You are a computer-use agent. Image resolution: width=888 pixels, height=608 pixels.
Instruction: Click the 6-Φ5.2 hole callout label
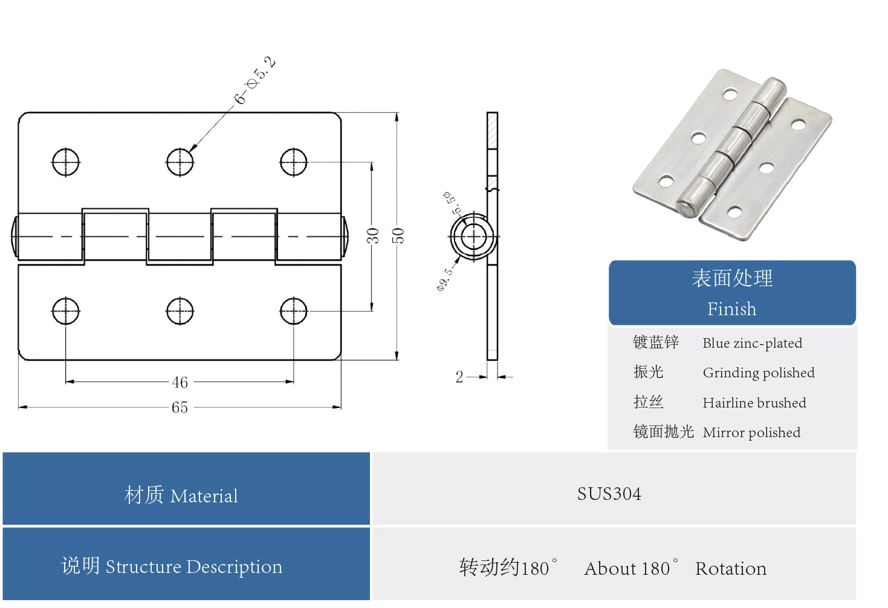pos(254,81)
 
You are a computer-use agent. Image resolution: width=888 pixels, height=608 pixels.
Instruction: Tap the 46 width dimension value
pos(180,382)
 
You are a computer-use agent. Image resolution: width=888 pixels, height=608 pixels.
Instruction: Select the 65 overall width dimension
pos(180,408)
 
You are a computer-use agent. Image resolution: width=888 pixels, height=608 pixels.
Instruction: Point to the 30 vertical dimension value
pos(373,235)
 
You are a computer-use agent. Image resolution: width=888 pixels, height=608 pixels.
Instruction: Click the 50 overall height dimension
pos(398,235)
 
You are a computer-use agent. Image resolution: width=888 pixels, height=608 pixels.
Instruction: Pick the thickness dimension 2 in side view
pos(459,377)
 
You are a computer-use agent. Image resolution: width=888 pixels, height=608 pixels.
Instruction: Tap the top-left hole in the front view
pos(65,162)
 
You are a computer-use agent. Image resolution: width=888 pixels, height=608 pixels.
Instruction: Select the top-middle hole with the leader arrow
pos(180,162)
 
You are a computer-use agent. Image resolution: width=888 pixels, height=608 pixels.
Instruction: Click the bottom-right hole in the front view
pos(294,312)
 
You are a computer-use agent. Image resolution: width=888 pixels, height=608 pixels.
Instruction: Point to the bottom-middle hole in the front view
pos(180,312)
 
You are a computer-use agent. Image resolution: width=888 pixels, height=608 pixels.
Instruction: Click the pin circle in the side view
pos(474,237)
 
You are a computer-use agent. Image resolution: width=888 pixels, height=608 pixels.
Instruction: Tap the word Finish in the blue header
pos(731,309)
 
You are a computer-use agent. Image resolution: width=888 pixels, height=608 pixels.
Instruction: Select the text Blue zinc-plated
pos(752,344)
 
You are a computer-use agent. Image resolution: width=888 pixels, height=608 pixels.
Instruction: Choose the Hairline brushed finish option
pos(754,403)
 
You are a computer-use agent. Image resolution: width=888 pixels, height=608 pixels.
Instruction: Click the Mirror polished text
pos(751,433)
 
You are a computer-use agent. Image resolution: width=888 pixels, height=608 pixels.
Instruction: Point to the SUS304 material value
pos(609,494)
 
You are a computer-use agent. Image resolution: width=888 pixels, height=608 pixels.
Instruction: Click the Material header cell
pos(181,496)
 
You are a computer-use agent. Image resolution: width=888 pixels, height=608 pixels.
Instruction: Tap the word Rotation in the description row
pos(730,569)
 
